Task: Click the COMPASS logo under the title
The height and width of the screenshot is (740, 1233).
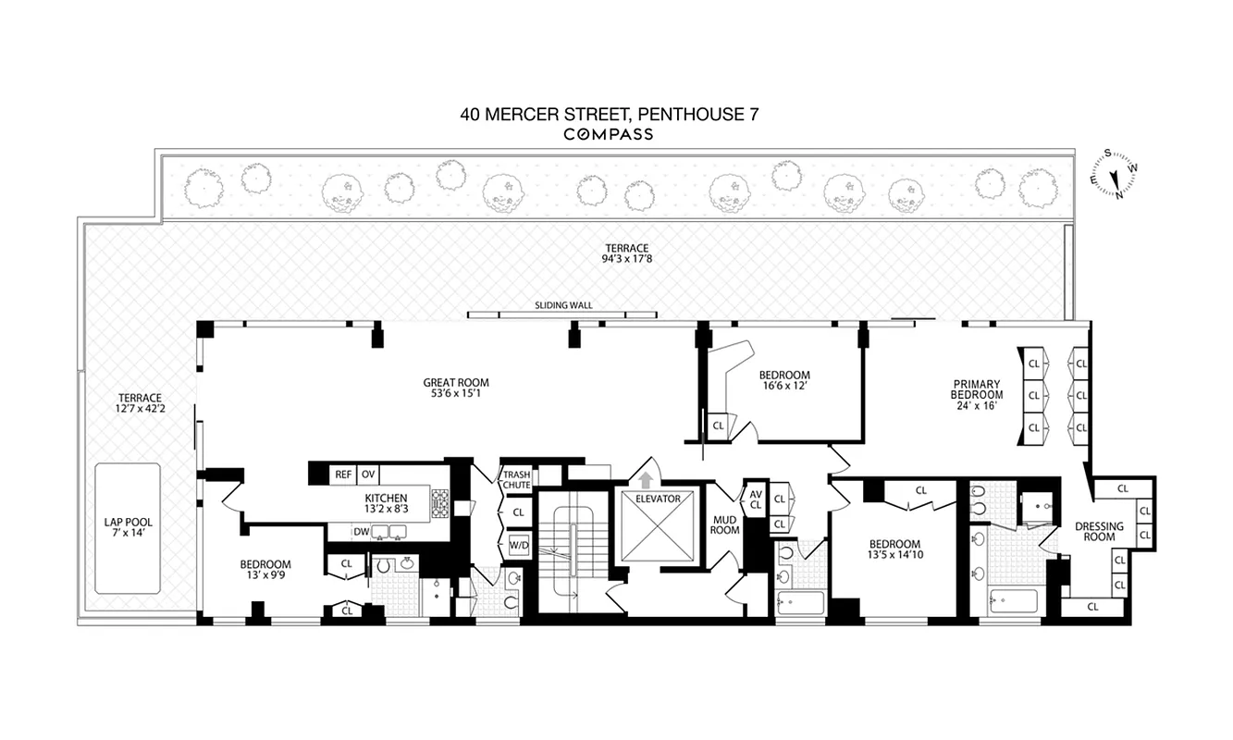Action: pyautogui.click(x=609, y=134)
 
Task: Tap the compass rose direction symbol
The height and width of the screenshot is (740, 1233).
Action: pyautogui.click(x=1114, y=176)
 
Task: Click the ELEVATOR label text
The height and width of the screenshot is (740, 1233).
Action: pyautogui.click(x=657, y=499)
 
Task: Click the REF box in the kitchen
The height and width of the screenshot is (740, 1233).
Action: pyautogui.click(x=343, y=475)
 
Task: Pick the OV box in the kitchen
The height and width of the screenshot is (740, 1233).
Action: pyautogui.click(x=367, y=475)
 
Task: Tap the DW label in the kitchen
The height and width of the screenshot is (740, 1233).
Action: pyautogui.click(x=362, y=532)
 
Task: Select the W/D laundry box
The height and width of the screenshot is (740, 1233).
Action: pyautogui.click(x=517, y=545)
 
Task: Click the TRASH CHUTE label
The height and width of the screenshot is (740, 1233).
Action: pyautogui.click(x=516, y=479)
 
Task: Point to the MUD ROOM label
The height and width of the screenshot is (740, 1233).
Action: pyautogui.click(x=724, y=525)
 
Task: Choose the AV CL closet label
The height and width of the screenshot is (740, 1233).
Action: pyautogui.click(x=755, y=499)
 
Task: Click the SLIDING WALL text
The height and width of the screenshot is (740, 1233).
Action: pyautogui.click(x=563, y=304)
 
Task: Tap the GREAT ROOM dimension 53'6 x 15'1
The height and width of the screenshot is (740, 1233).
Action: pyautogui.click(x=456, y=395)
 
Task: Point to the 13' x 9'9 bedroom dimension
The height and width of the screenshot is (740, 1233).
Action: pyautogui.click(x=265, y=576)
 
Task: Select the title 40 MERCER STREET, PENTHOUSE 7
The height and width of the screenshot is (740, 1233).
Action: pyautogui.click(x=610, y=115)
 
